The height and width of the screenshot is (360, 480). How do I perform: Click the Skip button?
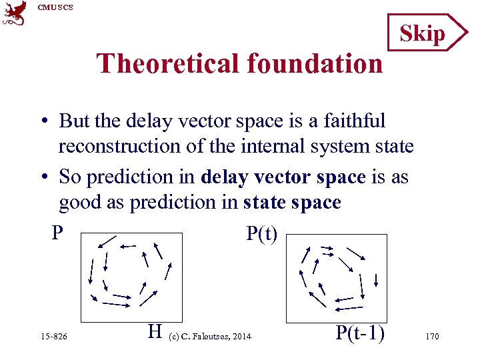click(x=422, y=33)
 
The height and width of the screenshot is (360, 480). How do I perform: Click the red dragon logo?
click(x=15, y=13)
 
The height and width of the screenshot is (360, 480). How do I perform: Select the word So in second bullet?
click(x=70, y=177)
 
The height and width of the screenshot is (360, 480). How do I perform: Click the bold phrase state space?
click(x=292, y=202)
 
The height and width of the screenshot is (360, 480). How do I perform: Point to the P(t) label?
click(x=261, y=233)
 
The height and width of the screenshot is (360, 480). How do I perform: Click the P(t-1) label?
click(x=361, y=332)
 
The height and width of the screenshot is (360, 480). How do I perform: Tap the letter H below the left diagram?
click(x=155, y=331)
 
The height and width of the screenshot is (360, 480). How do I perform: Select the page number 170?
click(x=431, y=337)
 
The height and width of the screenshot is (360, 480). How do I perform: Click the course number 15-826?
click(x=53, y=337)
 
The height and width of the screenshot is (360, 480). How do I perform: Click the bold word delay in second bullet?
click(x=222, y=177)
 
